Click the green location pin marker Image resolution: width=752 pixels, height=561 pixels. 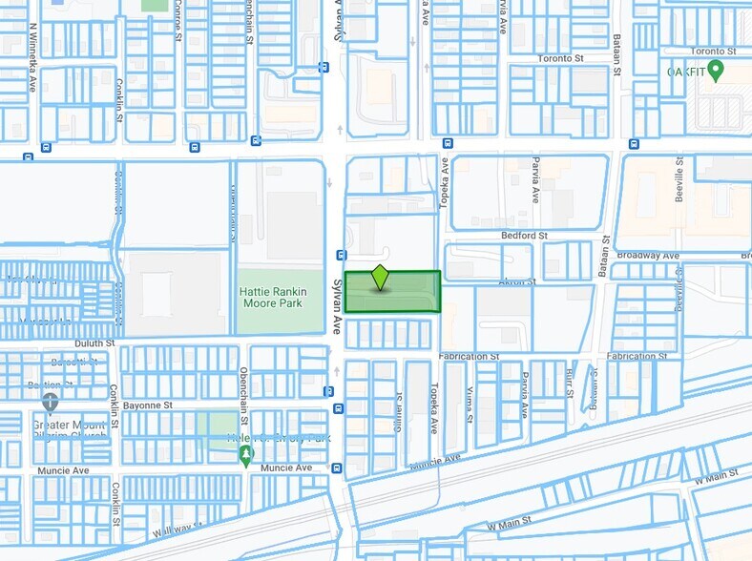click(x=381, y=277)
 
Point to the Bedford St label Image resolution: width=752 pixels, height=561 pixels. click(x=523, y=235)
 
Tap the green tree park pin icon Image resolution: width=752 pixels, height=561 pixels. click(x=245, y=457)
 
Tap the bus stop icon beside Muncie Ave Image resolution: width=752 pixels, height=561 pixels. click(x=337, y=467)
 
